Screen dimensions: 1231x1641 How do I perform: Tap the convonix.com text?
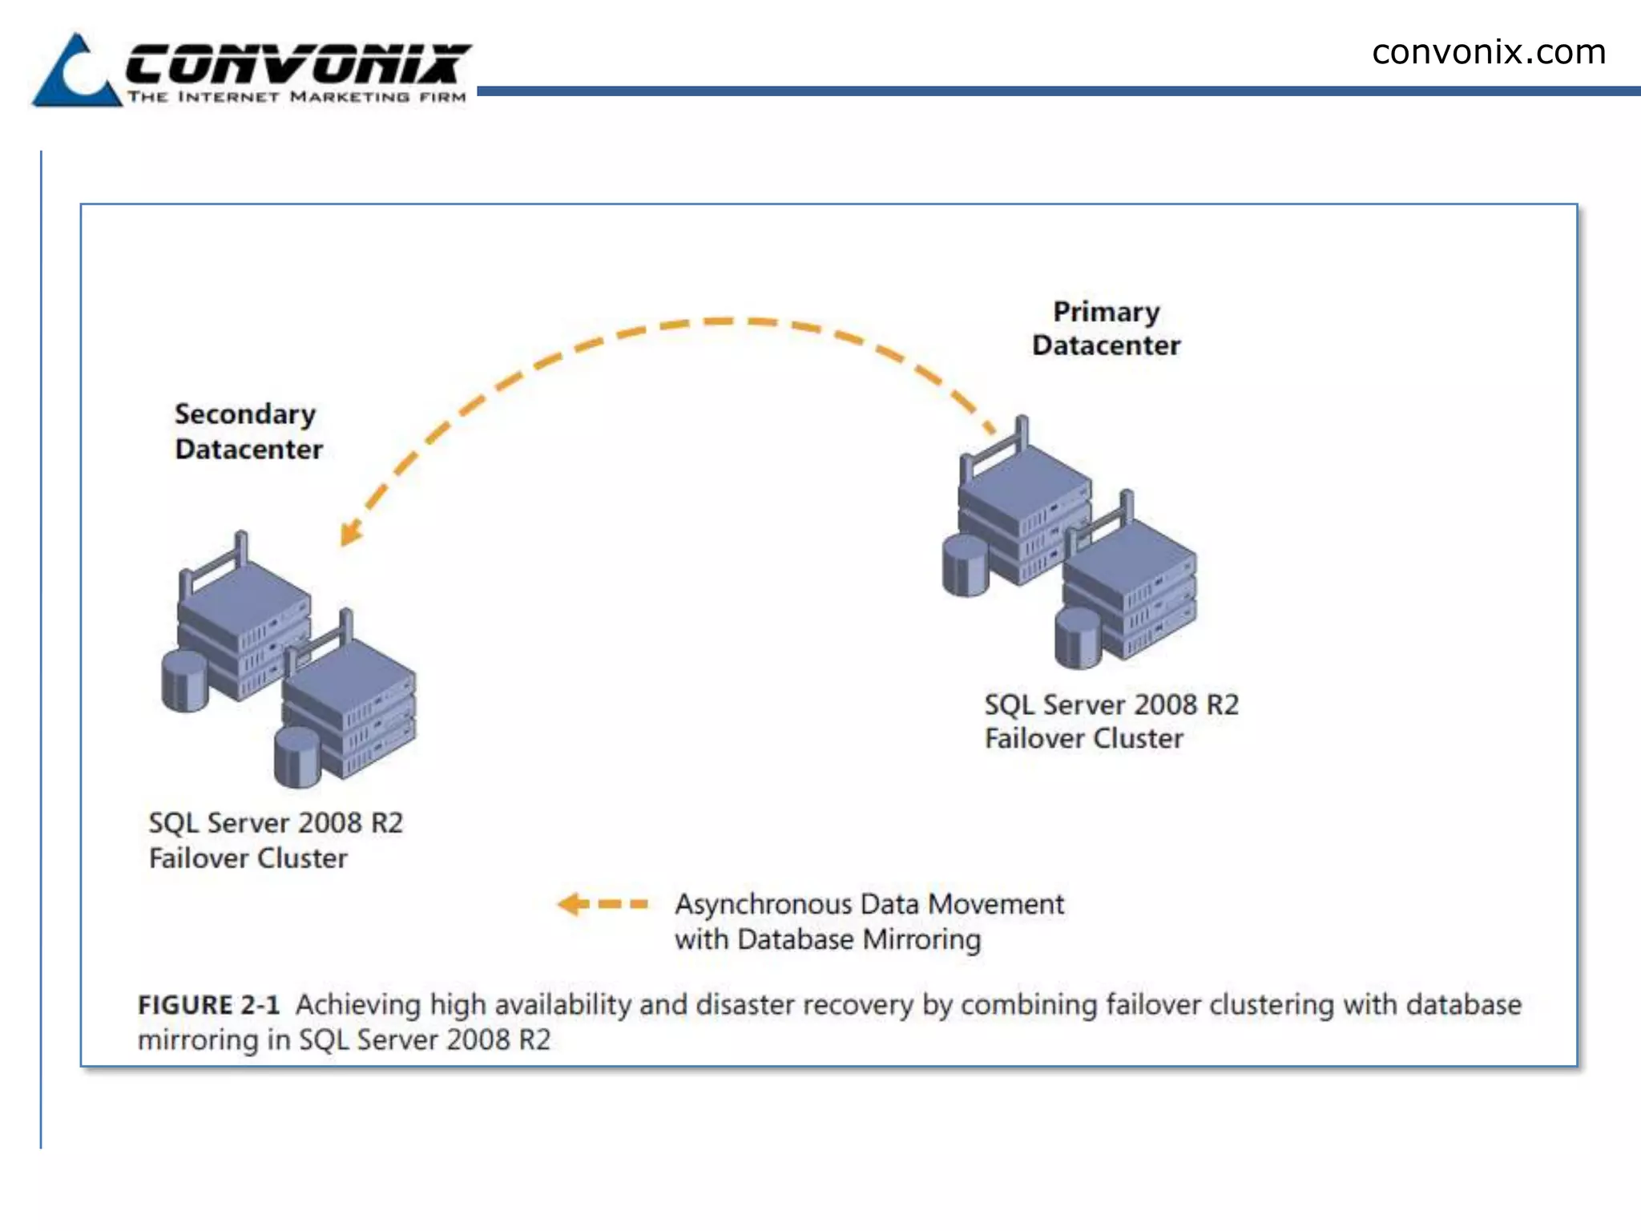tap(1488, 53)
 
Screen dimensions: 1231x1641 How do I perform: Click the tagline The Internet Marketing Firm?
tap(296, 97)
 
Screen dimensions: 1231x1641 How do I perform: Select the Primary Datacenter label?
tap(1106, 329)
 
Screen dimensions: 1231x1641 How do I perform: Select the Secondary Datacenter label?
tap(248, 431)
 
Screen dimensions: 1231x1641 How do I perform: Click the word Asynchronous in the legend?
tap(763, 904)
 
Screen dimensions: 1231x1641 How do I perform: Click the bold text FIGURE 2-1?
tap(208, 1005)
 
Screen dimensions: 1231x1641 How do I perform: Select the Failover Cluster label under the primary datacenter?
tap(1083, 738)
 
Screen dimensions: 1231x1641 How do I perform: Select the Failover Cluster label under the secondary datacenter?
tap(248, 858)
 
